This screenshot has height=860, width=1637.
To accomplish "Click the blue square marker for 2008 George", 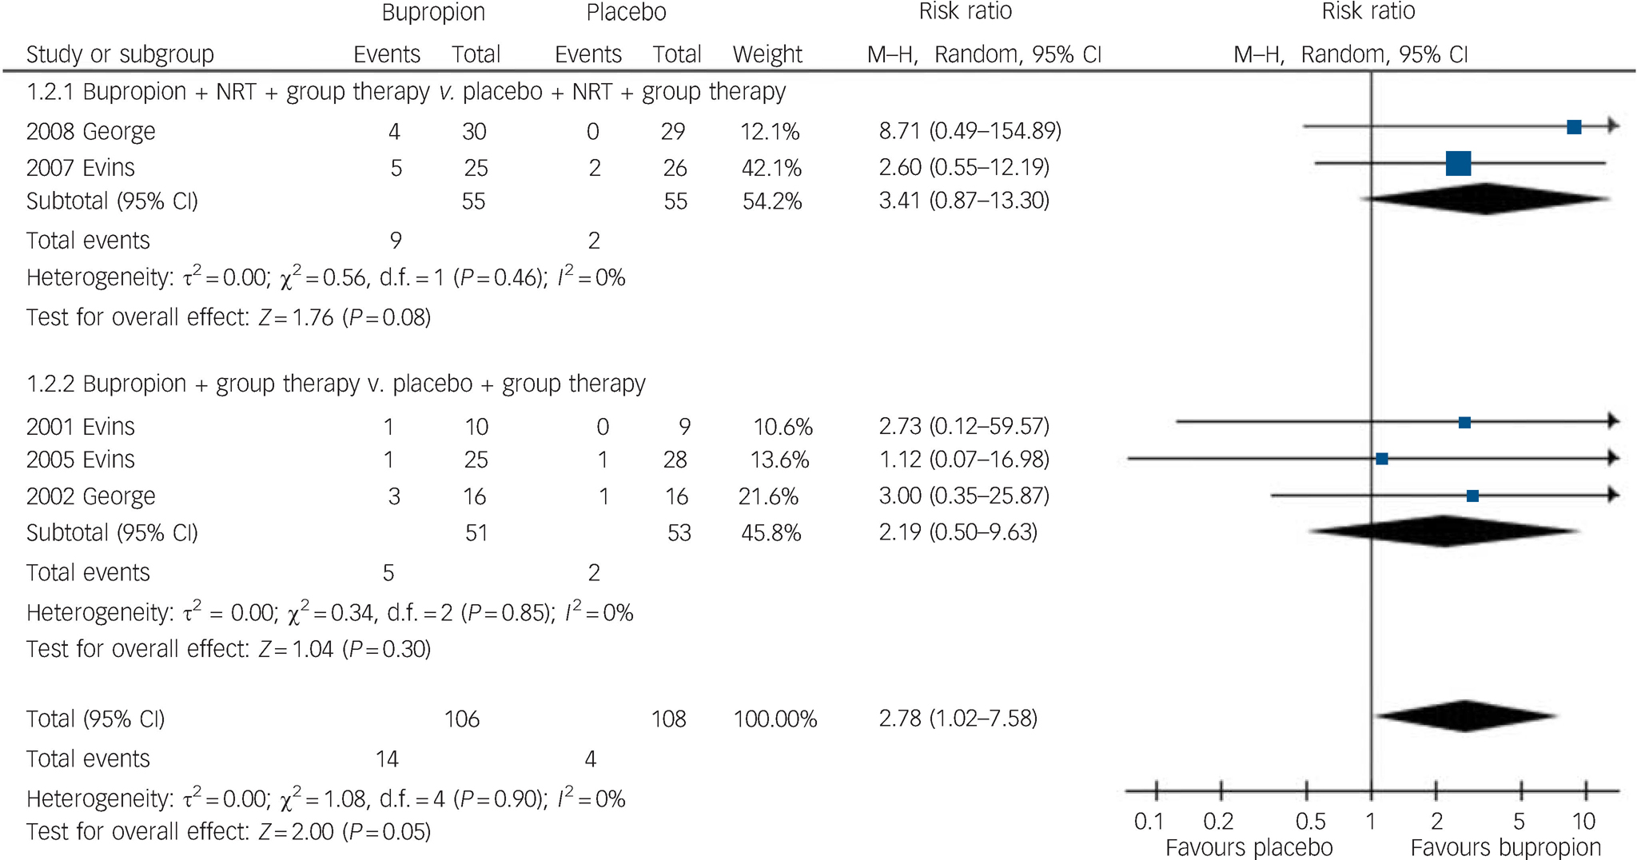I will tap(1574, 127).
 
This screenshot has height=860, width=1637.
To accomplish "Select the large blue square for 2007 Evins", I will tap(1458, 163).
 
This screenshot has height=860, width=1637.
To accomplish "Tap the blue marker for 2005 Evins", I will tap(1382, 459).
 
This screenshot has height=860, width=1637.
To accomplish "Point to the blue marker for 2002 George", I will tap(1472, 496).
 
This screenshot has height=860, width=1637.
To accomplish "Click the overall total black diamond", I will tap(1465, 716).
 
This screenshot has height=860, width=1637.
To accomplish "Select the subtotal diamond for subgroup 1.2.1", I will tap(1485, 199).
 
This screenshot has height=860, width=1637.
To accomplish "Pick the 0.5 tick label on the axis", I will tap(1310, 821).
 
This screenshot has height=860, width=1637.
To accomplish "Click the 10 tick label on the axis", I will tap(1583, 821).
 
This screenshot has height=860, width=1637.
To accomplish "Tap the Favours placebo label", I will tap(1249, 847).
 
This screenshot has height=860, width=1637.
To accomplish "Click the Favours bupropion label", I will tap(1505, 847).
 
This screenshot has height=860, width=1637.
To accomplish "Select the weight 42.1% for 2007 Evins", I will tap(771, 168).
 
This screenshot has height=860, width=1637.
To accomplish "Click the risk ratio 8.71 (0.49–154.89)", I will tap(970, 130).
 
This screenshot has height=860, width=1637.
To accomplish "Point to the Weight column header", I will tap(767, 54).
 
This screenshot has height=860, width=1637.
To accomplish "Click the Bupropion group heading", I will tap(433, 13).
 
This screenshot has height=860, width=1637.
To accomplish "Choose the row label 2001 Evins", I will tap(81, 427).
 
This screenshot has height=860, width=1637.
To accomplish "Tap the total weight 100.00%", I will tap(775, 719).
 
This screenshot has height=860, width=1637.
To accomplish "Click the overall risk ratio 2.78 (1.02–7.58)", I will tap(958, 719).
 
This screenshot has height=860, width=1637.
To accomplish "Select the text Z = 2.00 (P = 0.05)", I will tap(344, 832).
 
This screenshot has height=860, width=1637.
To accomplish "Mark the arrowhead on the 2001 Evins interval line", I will tap(1613, 421).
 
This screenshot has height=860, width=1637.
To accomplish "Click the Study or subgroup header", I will tap(120, 54).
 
